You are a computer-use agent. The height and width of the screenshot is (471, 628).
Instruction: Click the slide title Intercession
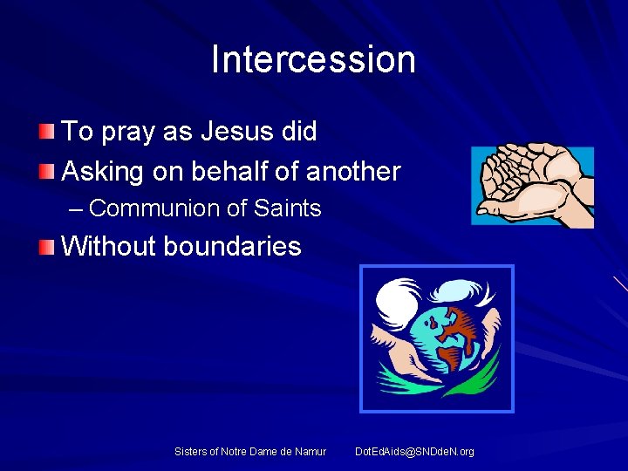pyautogui.click(x=313, y=59)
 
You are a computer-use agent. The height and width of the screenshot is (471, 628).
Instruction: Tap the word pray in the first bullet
pyautogui.click(x=127, y=133)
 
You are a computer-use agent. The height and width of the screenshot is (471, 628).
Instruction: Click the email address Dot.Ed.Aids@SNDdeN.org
pyautogui.click(x=414, y=452)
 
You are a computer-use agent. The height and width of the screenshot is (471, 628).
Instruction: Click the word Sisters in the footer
pyautogui.click(x=190, y=452)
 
